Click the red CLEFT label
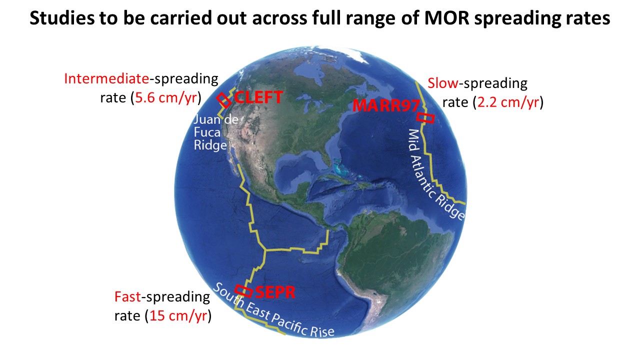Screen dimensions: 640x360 [258, 97]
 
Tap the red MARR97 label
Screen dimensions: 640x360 [386, 105]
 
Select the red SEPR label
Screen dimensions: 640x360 [275, 292]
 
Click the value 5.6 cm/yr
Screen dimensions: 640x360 [166, 98]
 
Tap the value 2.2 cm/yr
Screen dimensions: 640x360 [508, 102]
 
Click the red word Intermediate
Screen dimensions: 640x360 [106, 78]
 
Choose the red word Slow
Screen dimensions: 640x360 [443, 83]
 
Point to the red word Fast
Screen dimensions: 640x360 [127, 297]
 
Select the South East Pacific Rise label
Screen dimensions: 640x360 [273, 310]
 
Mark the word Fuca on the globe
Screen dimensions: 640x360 [207, 132]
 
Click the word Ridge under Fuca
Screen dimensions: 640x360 [210, 145]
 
